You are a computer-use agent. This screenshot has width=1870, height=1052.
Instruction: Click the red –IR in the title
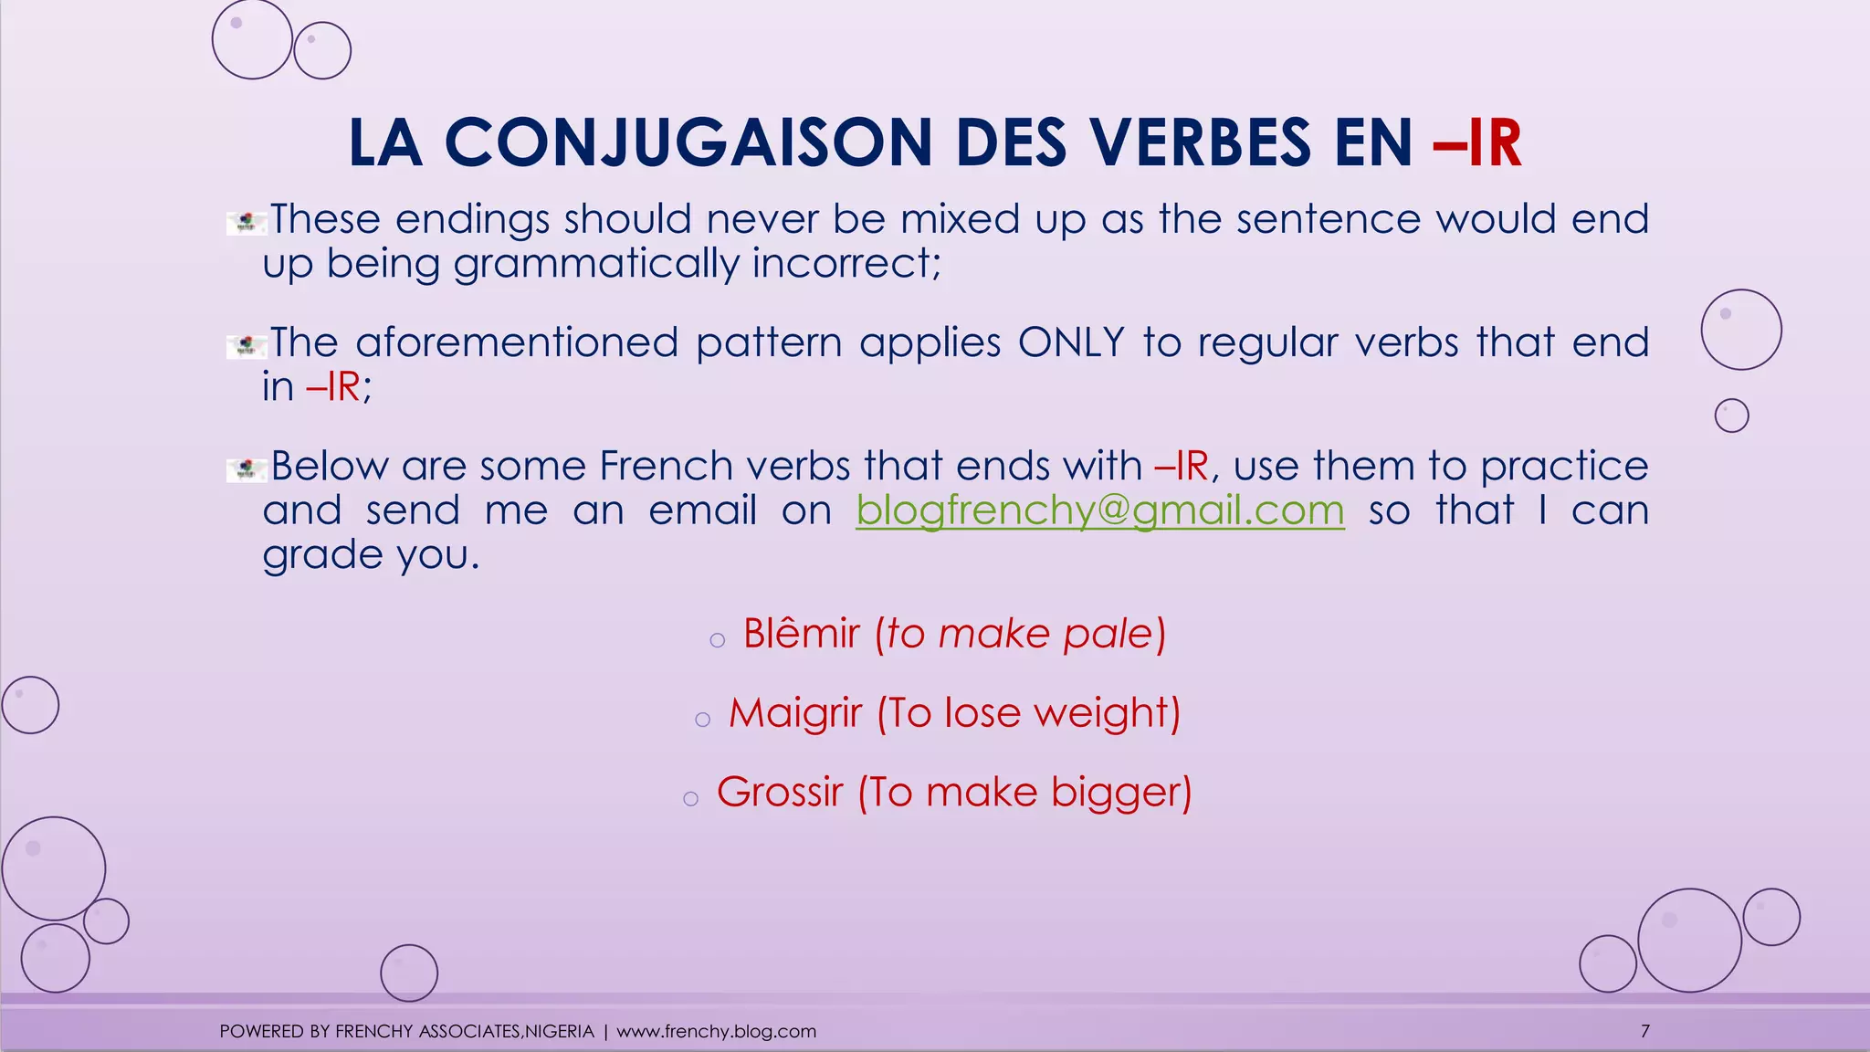1477,143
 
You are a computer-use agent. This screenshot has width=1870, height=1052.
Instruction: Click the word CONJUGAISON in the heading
688,143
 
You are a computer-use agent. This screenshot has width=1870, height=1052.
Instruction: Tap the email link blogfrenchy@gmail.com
1099,510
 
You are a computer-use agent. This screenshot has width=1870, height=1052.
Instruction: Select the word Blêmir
801,634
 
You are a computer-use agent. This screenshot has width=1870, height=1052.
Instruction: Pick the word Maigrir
794,713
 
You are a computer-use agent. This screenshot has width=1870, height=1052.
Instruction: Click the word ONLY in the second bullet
1070,342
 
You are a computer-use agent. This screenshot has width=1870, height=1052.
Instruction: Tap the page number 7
1644,1031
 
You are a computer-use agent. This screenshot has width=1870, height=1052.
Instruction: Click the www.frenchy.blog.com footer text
716,1031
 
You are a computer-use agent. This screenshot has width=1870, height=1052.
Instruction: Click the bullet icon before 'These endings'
246,221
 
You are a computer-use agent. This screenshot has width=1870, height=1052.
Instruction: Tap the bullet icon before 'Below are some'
246,469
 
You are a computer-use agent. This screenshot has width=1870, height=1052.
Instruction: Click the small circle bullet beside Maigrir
702,720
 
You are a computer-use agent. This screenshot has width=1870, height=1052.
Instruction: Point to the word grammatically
595,264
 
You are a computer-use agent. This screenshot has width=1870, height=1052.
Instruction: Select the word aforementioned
516,342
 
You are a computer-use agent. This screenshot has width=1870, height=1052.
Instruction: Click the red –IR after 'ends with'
1182,466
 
